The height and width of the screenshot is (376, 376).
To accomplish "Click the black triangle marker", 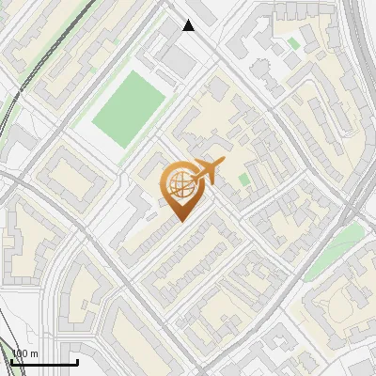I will click(x=189, y=25).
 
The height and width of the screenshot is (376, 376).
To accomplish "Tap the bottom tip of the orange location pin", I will click(x=179, y=221).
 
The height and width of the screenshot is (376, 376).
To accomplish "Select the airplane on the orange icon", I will click(x=205, y=171).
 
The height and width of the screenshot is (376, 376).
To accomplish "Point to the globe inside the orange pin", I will click(x=179, y=184).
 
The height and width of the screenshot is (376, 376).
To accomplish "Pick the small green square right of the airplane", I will click(x=244, y=179).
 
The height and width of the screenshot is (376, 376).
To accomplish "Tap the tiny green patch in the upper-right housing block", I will click(x=293, y=43).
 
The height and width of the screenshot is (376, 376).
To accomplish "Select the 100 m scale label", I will click(x=24, y=353).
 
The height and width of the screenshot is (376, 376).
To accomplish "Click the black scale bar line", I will click(x=44, y=363).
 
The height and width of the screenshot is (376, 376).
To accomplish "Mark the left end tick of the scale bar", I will click(x=11, y=360).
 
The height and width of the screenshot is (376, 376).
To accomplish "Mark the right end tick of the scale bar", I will click(x=77, y=360).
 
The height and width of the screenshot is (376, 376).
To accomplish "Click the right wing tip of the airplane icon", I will click(x=223, y=164).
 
